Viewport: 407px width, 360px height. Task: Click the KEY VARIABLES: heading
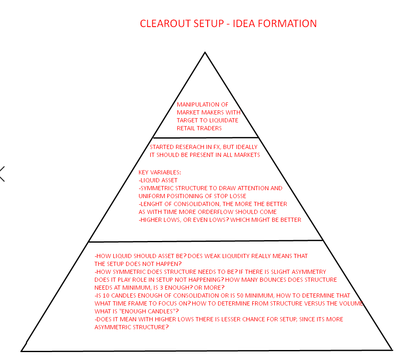point(160,172)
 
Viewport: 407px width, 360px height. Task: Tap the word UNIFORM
point(151,196)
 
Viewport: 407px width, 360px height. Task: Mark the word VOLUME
point(351,303)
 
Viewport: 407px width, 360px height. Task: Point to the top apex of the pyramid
point(205,52)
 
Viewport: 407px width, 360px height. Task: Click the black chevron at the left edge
point(2,174)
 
